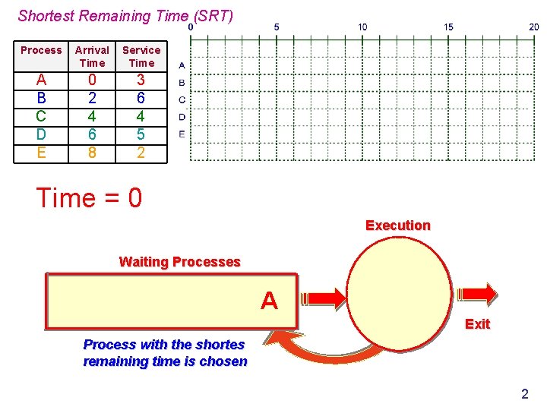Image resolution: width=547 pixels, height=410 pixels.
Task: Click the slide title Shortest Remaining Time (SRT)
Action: [125, 15]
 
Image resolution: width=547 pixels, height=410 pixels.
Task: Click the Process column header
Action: [41, 50]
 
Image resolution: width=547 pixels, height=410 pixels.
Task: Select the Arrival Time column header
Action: [92, 56]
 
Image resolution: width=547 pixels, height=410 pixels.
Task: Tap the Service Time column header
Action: [141, 56]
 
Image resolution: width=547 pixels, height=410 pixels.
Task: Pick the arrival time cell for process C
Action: [92, 116]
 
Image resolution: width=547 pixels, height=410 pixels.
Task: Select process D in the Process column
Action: [41, 134]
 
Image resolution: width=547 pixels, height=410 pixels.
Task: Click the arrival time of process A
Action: [92, 80]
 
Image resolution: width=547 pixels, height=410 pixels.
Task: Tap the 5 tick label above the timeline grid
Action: [277, 27]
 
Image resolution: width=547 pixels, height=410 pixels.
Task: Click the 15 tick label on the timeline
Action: [448, 27]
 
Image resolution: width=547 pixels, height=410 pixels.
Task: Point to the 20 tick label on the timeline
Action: [534, 27]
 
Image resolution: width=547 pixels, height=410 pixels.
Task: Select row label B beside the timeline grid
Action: [182, 83]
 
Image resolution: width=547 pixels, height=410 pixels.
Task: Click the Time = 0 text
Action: [89, 198]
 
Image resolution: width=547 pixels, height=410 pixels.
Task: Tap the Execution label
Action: [397, 225]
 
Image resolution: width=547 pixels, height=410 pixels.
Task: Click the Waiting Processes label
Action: [179, 262]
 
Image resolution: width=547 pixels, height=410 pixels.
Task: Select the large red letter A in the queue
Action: [269, 301]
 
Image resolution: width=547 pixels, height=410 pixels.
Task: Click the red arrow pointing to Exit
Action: [476, 293]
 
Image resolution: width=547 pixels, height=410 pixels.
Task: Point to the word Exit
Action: [477, 324]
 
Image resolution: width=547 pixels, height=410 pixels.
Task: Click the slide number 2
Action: [524, 394]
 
